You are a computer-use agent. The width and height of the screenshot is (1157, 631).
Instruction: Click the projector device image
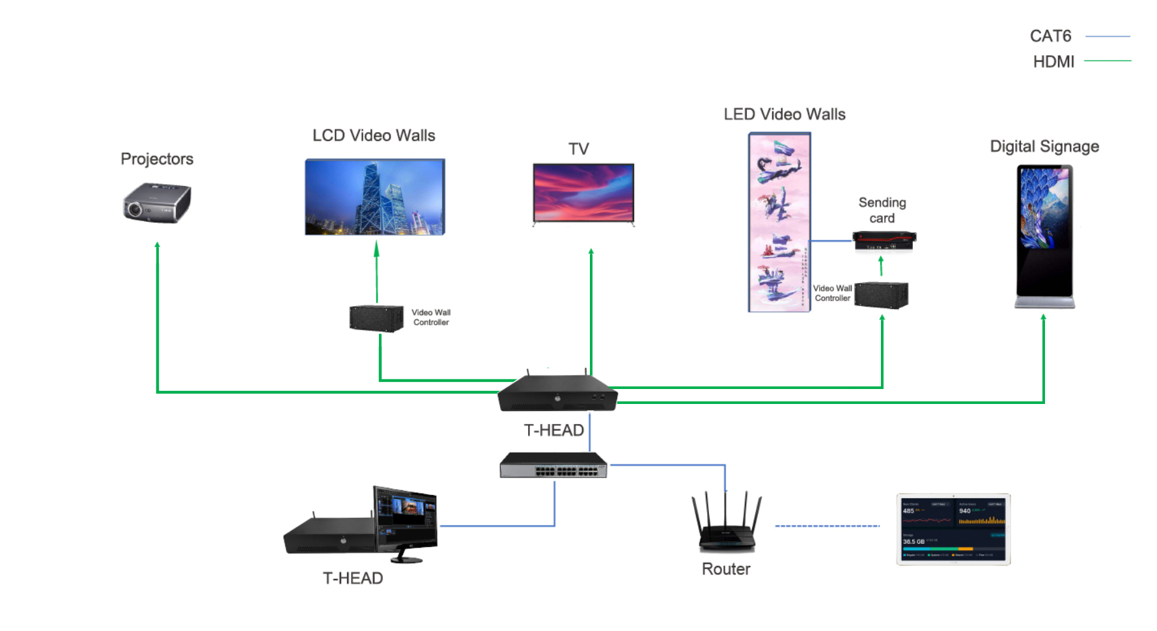pyautogui.click(x=157, y=203)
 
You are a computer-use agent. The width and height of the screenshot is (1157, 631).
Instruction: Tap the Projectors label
pyautogui.click(x=157, y=159)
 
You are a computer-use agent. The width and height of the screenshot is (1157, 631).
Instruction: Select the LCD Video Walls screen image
pyautogui.click(x=374, y=196)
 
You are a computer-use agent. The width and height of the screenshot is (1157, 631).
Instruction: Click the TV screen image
pyautogui.click(x=583, y=193)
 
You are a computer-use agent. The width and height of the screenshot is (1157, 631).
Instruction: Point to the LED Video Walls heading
pyautogui.click(x=784, y=114)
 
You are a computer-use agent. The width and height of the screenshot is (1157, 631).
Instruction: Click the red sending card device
pyautogui.click(x=884, y=241)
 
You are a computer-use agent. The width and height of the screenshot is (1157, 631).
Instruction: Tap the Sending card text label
pyautogui.click(x=882, y=210)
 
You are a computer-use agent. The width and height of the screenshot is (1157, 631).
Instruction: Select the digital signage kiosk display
pyautogui.click(x=1044, y=234)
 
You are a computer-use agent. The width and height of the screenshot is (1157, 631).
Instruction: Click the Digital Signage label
pyautogui.click(x=1044, y=146)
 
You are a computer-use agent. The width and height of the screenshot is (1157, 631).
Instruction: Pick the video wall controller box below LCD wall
pyautogui.click(x=376, y=318)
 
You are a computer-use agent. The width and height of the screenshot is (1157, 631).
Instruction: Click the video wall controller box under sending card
pyautogui.click(x=881, y=295)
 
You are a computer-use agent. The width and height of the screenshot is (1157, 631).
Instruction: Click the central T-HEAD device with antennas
pyautogui.click(x=557, y=393)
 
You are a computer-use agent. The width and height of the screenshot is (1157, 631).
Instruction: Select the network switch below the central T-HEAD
pyautogui.click(x=553, y=466)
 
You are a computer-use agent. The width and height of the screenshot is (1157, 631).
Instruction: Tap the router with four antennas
pyautogui.click(x=726, y=524)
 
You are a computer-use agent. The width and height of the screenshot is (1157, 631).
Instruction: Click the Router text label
pyautogui.click(x=725, y=569)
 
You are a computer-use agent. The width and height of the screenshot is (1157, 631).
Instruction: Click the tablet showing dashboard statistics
pyautogui.click(x=953, y=530)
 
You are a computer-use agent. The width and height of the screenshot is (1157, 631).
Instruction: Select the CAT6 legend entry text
pyautogui.click(x=1050, y=36)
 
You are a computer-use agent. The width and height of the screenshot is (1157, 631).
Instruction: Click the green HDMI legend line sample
pyautogui.click(x=1107, y=60)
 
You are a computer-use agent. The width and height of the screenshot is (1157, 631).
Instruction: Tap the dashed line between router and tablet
pyautogui.click(x=827, y=526)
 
